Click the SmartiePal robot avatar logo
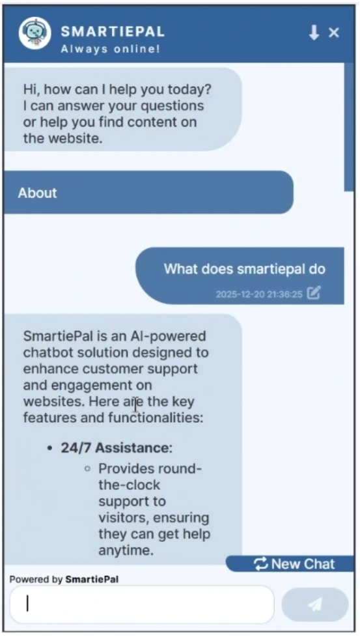(35, 33)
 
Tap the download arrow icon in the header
(314, 33)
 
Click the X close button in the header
(334, 33)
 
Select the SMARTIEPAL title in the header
(113, 31)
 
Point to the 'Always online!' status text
(110, 49)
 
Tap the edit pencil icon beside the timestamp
(314, 293)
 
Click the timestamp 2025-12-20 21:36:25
(259, 294)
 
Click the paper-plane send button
(315, 604)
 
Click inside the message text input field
(141, 604)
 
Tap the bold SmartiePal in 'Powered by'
(92, 578)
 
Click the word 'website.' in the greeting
(78, 138)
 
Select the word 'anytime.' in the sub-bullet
(126, 550)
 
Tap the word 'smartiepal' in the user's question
(268, 269)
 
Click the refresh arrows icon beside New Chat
(261, 564)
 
